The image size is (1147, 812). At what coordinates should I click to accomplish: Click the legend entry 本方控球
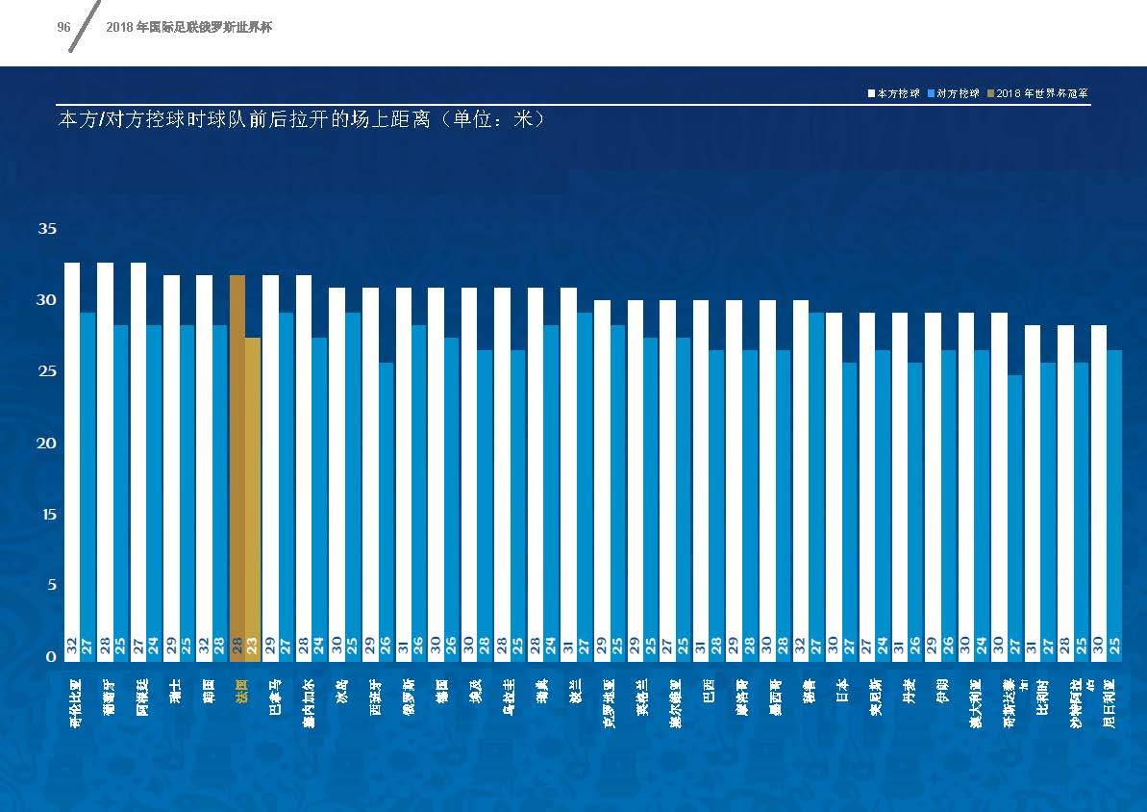pos(895,93)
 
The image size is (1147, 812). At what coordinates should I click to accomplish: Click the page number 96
pos(64,28)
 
